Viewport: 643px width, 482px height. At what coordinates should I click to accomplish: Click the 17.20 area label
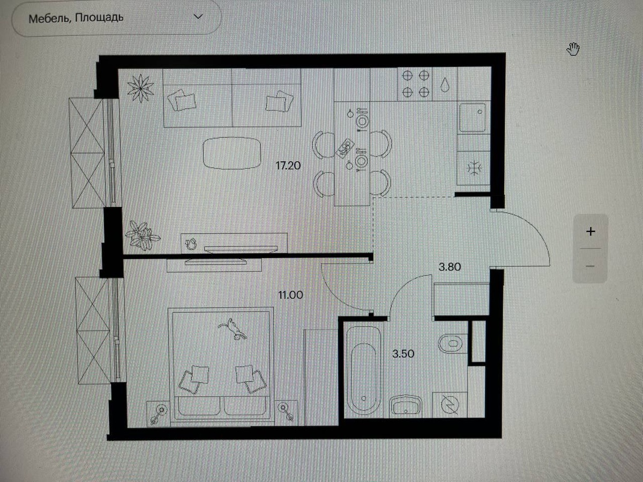[x=288, y=165]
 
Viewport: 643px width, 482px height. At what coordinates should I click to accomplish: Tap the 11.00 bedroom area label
[x=290, y=295]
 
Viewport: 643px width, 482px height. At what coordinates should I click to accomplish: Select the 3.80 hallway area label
[x=450, y=267]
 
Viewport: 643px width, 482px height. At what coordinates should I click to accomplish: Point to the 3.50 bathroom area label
[x=403, y=354]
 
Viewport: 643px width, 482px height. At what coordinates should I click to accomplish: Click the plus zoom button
[x=590, y=231]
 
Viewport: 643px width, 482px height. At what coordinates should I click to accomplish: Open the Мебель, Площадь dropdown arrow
[x=198, y=17]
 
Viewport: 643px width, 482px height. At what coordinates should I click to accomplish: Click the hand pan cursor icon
[x=573, y=49]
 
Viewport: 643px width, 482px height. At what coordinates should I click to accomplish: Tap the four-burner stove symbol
[x=415, y=84]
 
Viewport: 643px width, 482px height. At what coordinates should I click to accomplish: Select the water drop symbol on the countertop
[x=445, y=85]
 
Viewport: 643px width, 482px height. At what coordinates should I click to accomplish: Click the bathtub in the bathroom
[x=363, y=372]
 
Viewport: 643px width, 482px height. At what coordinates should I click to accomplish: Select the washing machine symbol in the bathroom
[x=450, y=405]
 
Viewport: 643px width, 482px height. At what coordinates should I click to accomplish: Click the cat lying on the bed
[x=233, y=328]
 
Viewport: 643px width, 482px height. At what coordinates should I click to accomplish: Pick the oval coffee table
[x=232, y=153]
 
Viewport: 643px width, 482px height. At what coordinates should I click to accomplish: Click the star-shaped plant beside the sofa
[x=140, y=88]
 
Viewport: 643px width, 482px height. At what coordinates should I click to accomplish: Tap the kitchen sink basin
[x=473, y=117]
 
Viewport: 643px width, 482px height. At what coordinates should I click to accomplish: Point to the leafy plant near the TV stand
[x=143, y=236]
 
